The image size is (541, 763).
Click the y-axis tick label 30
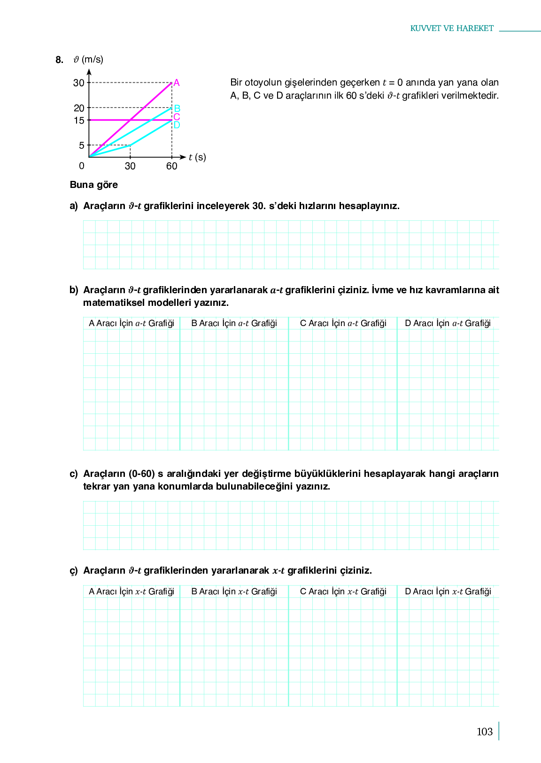(x=78, y=83)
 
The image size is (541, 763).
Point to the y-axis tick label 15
(x=79, y=121)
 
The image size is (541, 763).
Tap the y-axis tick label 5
(x=82, y=146)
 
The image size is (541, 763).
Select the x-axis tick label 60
(x=172, y=166)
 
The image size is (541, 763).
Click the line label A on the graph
(x=177, y=83)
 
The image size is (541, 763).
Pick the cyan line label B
(x=177, y=109)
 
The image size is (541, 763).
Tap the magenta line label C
(x=177, y=117)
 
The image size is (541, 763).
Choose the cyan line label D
(x=177, y=125)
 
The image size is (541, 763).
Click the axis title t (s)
(x=197, y=157)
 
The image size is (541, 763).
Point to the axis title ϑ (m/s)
(x=88, y=60)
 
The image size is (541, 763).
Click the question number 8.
(x=59, y=60)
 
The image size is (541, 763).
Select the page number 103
(x=484, y=732)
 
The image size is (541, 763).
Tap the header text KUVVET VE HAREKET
(x=452, y=29)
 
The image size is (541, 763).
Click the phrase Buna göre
(x=94, y=185)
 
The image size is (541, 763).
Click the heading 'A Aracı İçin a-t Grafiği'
(x=131, y=323)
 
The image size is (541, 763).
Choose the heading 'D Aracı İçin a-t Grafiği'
(x=448, y=323)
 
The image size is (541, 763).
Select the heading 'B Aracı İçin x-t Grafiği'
(x=234, y=592)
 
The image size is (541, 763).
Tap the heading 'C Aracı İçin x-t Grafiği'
(x=343, y=592)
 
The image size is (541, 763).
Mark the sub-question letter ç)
(x=74, y=571)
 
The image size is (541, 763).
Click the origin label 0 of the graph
(x=82, y=166)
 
